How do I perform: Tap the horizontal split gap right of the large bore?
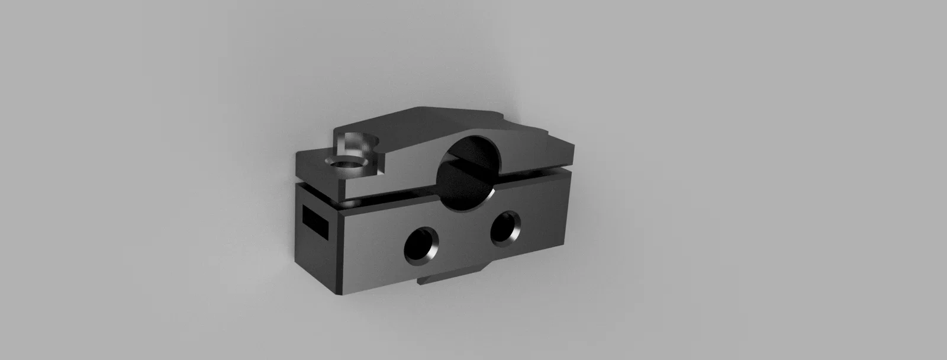(x=533, y=175)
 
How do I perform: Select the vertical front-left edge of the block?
(x=342, y=249)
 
